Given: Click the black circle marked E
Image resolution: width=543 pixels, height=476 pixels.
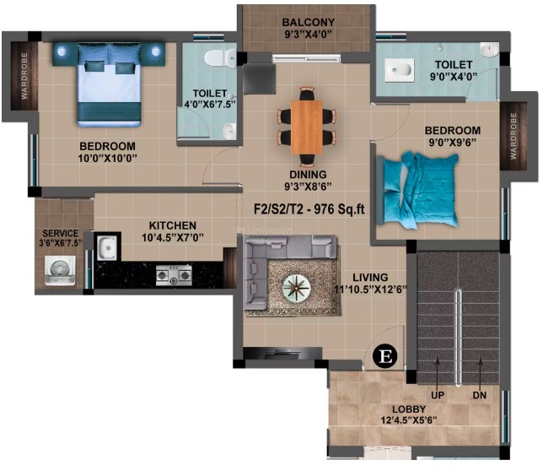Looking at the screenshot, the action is coord(384,356).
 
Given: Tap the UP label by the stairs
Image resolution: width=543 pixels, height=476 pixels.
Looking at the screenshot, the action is coord(438,396).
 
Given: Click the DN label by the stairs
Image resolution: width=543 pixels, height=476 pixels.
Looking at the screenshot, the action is coord(480,396).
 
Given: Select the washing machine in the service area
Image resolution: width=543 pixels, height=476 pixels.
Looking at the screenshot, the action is coord(60,271).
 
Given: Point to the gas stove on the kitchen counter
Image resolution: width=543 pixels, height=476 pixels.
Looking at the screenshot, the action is coord(174,275).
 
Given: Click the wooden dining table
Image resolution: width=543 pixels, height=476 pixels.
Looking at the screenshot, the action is coord(306,127).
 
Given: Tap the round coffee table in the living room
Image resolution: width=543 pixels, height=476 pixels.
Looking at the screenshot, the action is coord(297,288).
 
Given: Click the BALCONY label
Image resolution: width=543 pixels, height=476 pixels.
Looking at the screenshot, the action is coord(309,22).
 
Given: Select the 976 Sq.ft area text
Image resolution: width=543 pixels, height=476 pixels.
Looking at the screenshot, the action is coord(339,209).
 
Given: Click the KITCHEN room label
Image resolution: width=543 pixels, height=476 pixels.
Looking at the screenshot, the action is coord(173,225).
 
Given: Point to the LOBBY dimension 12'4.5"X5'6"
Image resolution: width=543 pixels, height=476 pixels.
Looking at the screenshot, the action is coord(409,420).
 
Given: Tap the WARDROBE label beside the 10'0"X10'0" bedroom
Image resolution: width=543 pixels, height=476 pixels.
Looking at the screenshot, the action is coord(24,76).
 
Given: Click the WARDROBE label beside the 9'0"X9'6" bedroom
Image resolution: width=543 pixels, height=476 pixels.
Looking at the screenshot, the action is coord(513,136).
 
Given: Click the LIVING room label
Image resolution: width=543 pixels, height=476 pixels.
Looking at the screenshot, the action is coord(370,278).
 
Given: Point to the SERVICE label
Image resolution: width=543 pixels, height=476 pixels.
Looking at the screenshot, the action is coord(60,233).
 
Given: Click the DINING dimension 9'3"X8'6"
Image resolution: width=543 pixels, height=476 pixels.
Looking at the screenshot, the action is coord(308,187).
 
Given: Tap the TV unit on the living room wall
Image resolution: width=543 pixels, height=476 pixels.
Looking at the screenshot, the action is coord(282,354).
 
